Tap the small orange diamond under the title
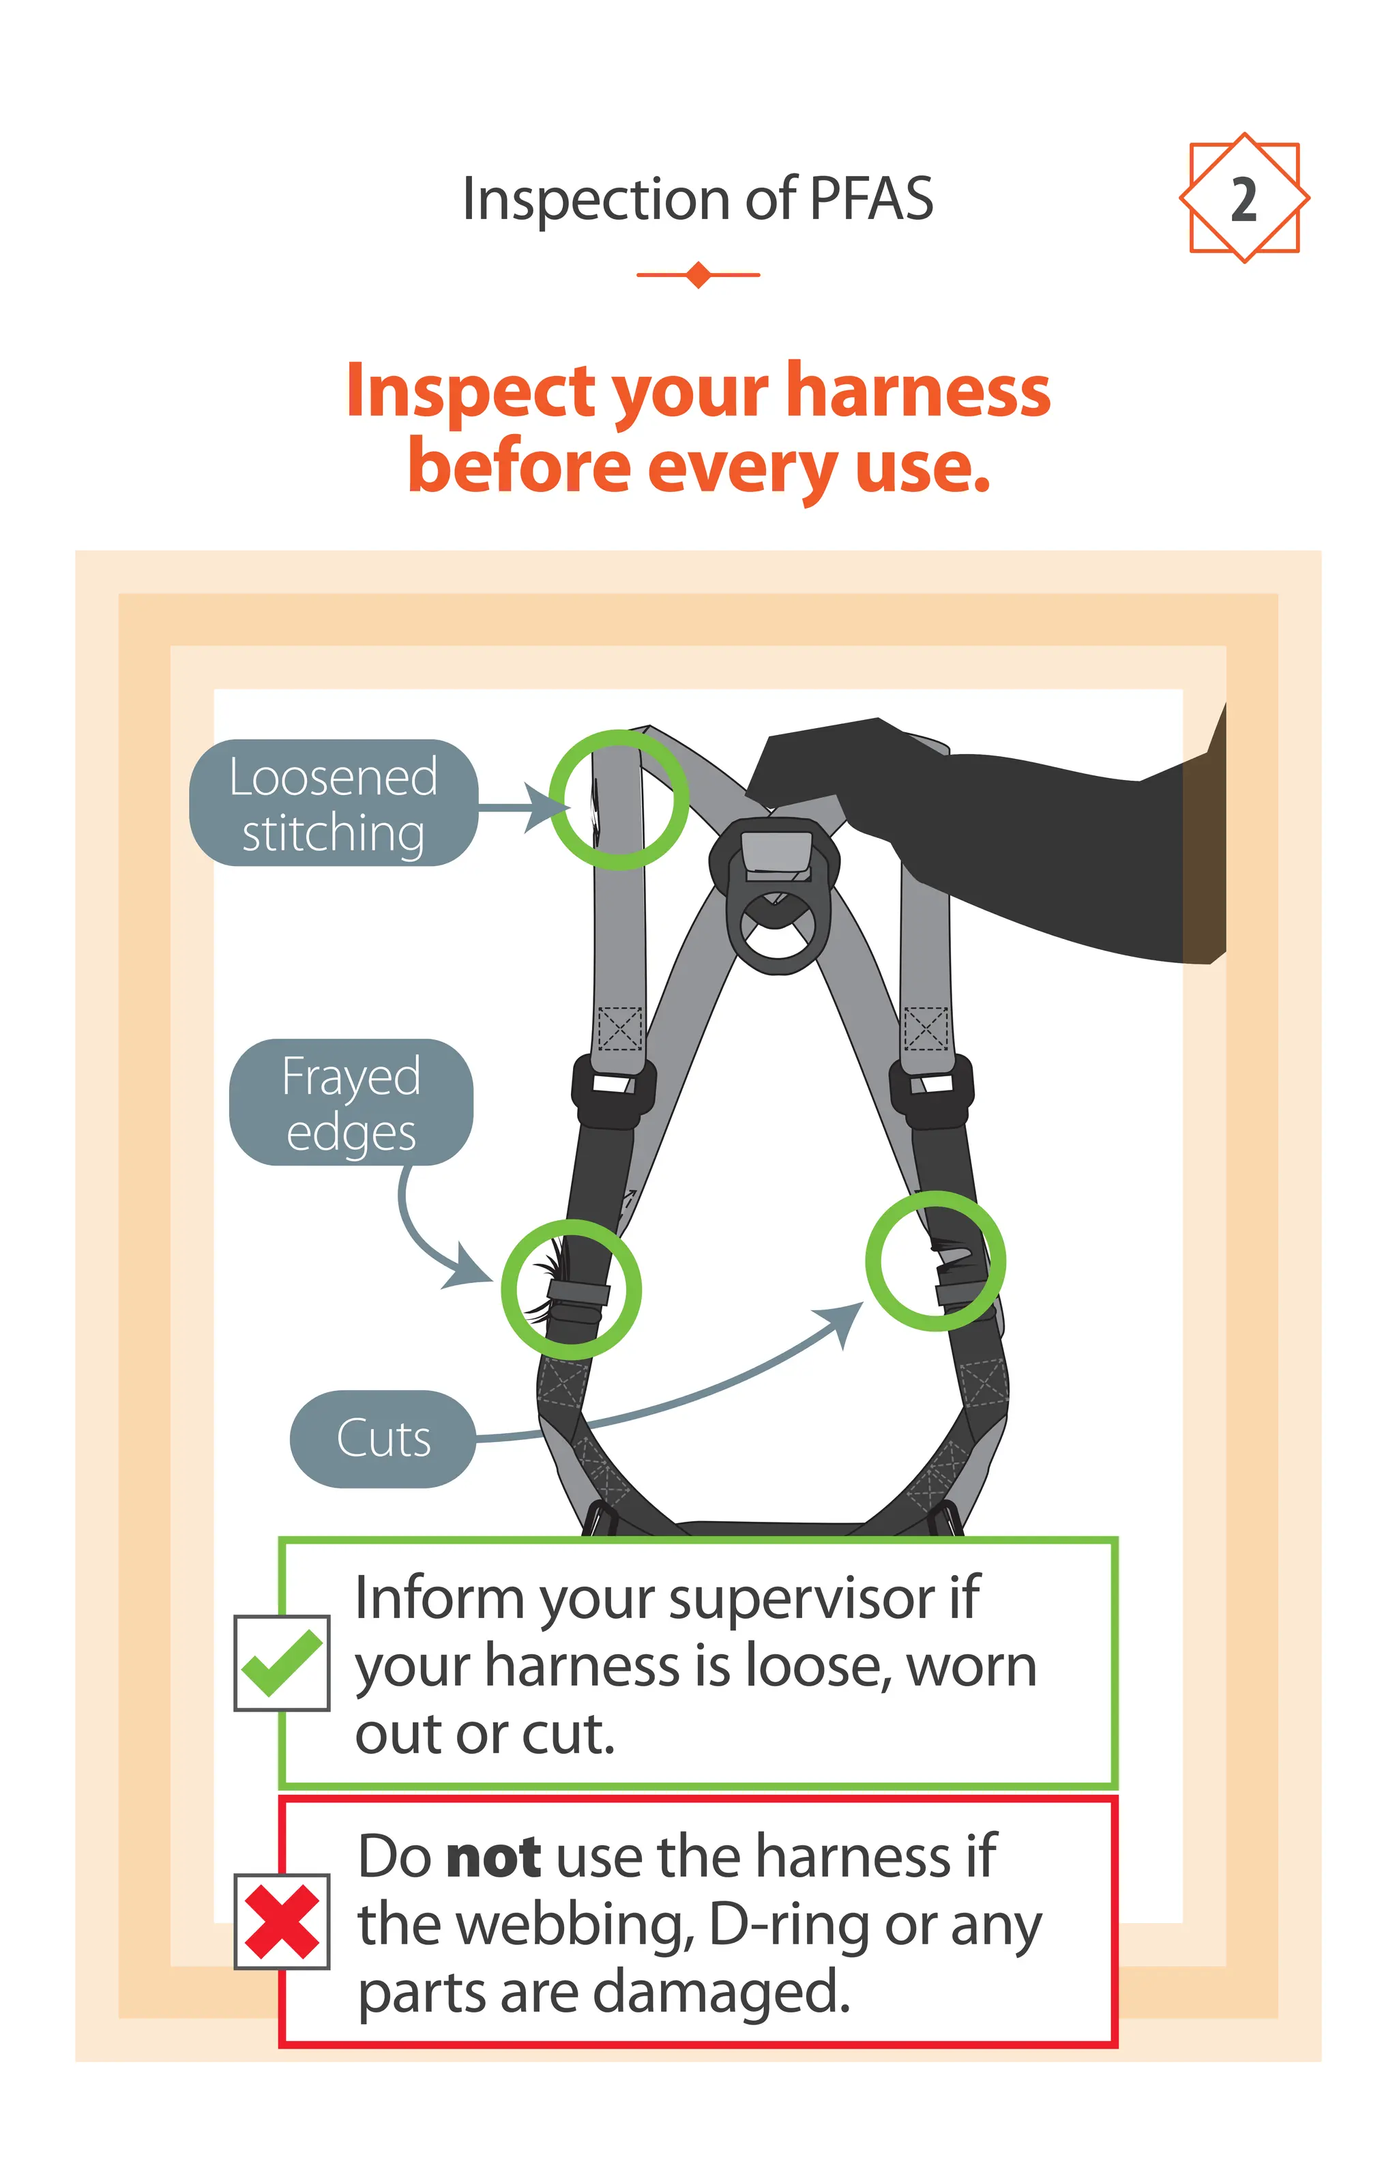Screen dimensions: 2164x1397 click(698, 274)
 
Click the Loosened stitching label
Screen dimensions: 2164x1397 click(333, 804)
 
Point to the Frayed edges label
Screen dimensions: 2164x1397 click(351, 1102)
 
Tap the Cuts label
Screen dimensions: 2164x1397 click(383, 1438)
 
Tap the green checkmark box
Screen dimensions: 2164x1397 click(281, 1663)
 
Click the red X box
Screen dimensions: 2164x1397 click(281, 1921)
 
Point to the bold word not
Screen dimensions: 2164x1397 click(495, 1856)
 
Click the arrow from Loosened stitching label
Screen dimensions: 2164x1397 click(522, 806)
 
